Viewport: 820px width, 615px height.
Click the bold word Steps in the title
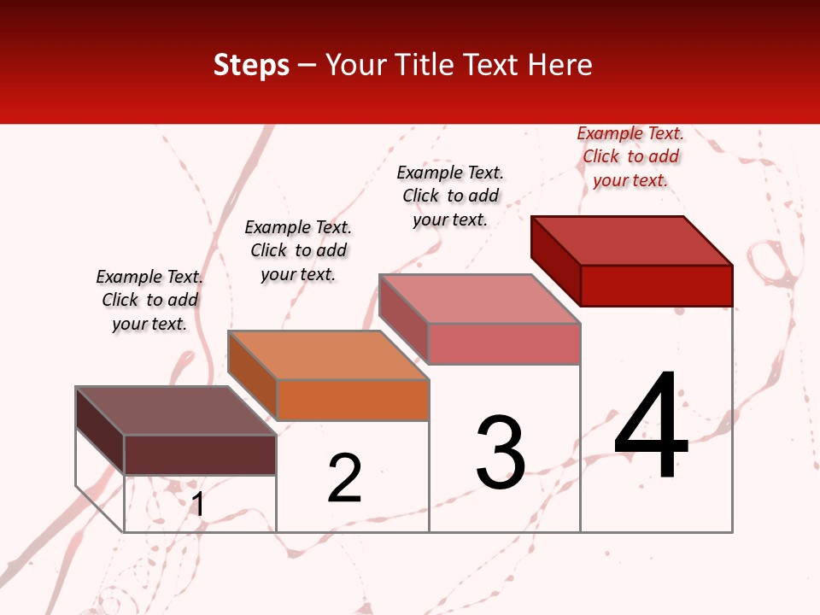click(x=251, y=66)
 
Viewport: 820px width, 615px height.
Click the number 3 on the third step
click(x=501, y=453)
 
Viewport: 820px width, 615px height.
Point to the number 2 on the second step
click(x=345, y=478)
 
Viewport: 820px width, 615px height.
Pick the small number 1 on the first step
click(x=198, y=504)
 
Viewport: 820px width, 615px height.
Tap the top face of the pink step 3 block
click(x=480, y=299)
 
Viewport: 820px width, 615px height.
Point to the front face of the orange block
click(x=353, y=400)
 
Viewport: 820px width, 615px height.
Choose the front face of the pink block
click(x=504, y=343)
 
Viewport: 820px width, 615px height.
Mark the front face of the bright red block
click(x=656, y=285)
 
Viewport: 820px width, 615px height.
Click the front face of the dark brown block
click(x=200, y=454)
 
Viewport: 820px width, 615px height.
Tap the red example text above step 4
click(x=630, y=157)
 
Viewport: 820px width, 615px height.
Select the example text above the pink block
click(x=450, y=196)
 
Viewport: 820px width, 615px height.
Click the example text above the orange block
click(x=298, y=250)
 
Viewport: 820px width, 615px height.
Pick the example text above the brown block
click(x=149, y=300)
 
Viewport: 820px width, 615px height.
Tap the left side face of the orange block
click(x=253, y=374)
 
